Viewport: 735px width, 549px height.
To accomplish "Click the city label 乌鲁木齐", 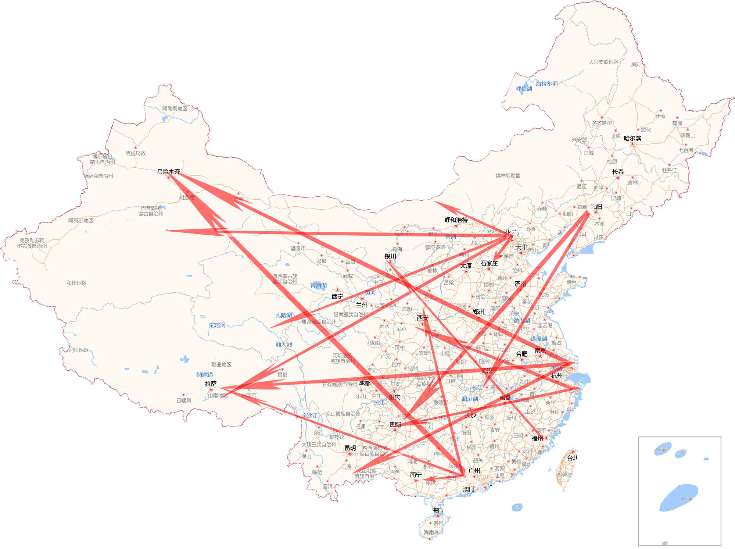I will pyautogui.click(x=169, y=171).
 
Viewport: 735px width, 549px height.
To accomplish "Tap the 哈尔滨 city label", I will pyautogui.click(x=632, y=138).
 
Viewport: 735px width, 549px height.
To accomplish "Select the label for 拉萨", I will pyautogui.click(x=211, y=384).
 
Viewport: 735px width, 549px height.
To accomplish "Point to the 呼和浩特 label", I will pyautogui.click(x=456, y=220).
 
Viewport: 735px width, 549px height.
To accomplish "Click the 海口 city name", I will pyautogui.click(x=438, y=510).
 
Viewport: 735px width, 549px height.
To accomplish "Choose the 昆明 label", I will pyautogui.click(x=350, y=448).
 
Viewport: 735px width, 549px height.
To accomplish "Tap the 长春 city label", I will pyautogui.click(x=618, y=172).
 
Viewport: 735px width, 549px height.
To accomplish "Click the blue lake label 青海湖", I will pyautogui.click(x=318, y=285).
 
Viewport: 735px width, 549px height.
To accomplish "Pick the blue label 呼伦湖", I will pyautogui.click(x=524, y=89).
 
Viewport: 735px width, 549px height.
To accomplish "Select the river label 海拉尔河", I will pyautogui.click(x=546, y=83).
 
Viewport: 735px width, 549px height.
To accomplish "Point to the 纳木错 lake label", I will pyautogui.click(x=205, y=374).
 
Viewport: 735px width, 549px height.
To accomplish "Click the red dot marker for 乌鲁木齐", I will pyautogui.click(x=169, y=178).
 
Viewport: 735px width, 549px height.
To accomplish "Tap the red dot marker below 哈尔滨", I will pyautogui.click(x=632, y=144).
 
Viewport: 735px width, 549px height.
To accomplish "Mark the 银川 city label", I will pyautogui.click(x=390, y=256).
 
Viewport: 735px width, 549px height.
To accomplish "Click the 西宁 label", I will pyautogui.click(x=337, y=296).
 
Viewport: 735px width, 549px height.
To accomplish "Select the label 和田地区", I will pyautogui.click(x=76, y=283).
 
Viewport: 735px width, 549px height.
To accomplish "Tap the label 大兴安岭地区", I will pyautogui.click(x=603, y=62).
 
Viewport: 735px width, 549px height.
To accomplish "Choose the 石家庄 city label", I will pyautogui.click(x=489, y=263).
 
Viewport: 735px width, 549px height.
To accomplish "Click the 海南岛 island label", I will pyautogui.click(x=431, y=532).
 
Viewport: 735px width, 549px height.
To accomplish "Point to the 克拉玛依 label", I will pyautogui.click(x=136, y=153).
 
